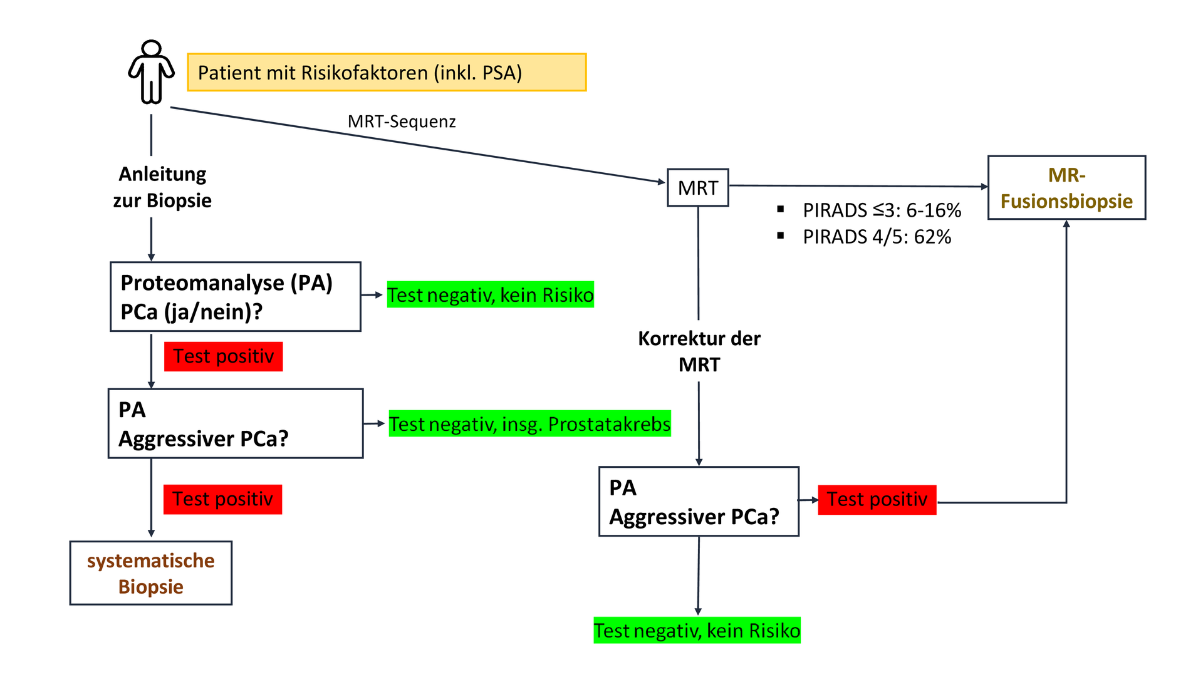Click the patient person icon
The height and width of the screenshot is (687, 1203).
[151, 72]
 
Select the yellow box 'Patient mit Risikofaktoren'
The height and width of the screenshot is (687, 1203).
[387, 73]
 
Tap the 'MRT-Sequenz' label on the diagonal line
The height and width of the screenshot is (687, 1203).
[402, 121]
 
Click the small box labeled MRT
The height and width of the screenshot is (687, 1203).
[697, 187]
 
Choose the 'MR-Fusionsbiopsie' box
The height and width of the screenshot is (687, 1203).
[1066, 188]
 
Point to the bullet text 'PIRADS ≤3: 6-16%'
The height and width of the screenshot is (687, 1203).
[882, 210]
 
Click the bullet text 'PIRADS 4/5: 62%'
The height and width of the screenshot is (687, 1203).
[877, 237]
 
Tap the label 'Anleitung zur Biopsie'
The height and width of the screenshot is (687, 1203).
[162, 187]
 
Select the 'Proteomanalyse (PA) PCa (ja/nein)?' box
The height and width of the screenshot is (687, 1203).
[236, 297]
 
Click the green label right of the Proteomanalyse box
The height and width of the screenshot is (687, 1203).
[490, 295]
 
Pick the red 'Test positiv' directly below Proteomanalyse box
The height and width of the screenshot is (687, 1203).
[223, 356]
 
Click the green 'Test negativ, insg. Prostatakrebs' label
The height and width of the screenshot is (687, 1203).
[529, 424]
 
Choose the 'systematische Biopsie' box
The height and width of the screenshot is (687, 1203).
[151, 573]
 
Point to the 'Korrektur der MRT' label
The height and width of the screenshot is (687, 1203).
[699, 351]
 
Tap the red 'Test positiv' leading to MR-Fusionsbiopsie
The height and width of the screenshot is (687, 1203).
[877, 500]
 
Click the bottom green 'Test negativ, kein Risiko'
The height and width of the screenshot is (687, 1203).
[697, 631]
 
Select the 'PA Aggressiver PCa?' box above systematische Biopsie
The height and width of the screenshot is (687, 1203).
[236, 424]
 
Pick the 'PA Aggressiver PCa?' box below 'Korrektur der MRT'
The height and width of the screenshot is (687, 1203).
[699, 502]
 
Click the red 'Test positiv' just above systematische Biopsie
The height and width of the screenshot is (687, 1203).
[222, 499]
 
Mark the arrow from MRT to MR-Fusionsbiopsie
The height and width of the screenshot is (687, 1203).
[858, 186]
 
